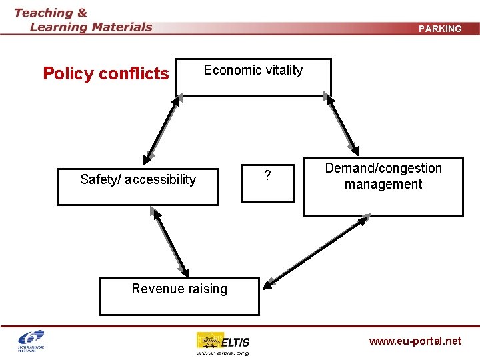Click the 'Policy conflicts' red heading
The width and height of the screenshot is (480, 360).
(x=106, y=73)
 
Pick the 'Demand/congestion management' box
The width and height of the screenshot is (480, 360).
(x=383, y=187)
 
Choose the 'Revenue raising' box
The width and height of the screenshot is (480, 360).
(x=179, y=296)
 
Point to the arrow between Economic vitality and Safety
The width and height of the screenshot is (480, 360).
(x=162, y=129)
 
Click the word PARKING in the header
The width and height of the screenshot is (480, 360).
(x=440, y=29)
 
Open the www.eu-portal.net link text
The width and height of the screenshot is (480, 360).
(x=415, y=341)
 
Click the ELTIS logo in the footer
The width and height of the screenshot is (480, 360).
(x=223, y=340)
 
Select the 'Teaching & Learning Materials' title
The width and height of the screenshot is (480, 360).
(x=83, y=20)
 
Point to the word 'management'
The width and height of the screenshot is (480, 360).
(x=383, y=184)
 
